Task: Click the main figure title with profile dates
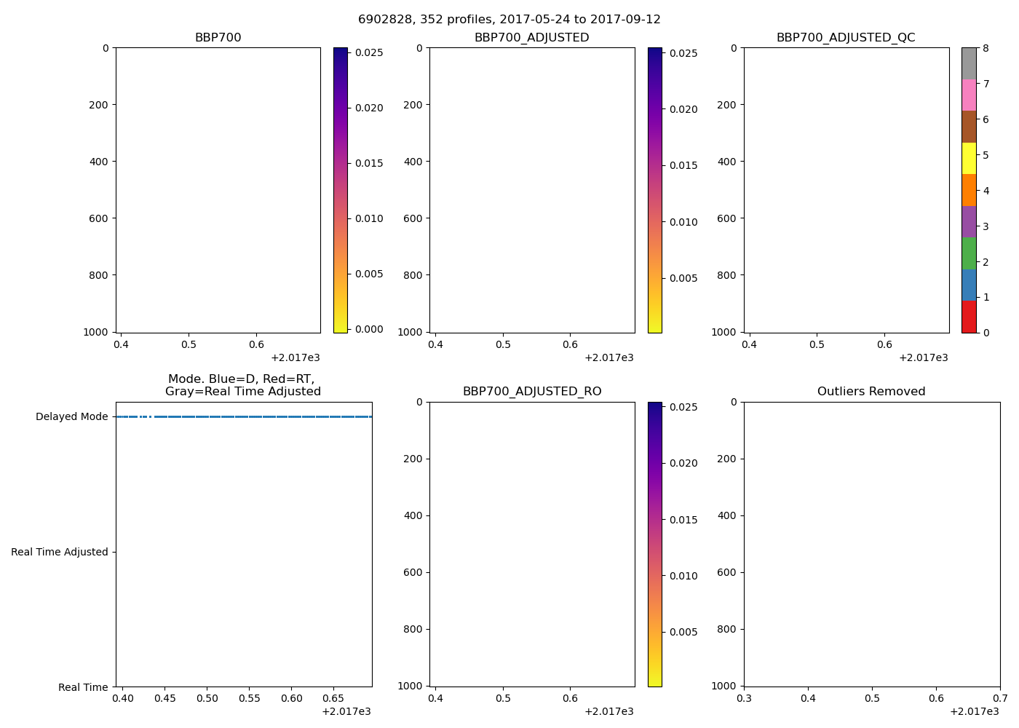coord(509,20)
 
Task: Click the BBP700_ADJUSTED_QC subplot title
coord(846,38)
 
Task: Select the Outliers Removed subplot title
coord(871,392)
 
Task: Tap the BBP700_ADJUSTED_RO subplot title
coord(532,392)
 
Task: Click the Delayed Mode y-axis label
coord(71,417)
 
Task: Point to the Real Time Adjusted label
coord(60,553)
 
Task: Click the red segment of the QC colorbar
coord(969,317)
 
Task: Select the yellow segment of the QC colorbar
coord(969,158)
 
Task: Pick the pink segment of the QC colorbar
coord(969,95)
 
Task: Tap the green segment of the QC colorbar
coord(969,253)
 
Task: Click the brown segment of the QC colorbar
coord(969,127)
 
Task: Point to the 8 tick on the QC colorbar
coord(986,49)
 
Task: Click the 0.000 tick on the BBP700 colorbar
coord(368,329)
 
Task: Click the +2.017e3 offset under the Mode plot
coord(346,711)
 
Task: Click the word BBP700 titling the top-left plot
coord(218,38)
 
